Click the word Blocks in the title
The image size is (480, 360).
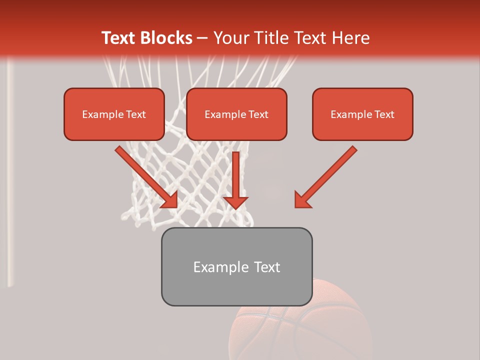[x=167, y=37]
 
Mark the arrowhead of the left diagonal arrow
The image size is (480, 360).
[x=170, y=200]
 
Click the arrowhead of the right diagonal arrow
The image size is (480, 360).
[x=301, y=200]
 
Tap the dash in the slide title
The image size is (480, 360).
[x=202, y=38]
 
